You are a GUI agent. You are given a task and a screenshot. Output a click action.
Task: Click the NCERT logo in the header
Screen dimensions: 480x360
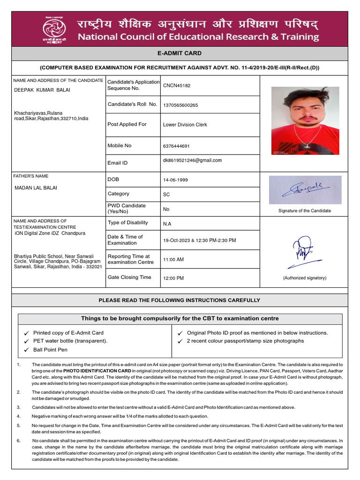click(x=54, y=28)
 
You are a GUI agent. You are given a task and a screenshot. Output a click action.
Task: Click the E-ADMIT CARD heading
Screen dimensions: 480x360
click(x=180, y=53)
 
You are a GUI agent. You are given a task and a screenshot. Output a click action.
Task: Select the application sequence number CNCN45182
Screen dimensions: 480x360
click(x=177, y=86)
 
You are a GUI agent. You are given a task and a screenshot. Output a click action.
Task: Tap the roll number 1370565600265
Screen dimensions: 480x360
click(x=180, y=105)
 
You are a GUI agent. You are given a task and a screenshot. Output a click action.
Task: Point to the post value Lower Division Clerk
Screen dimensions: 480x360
click(x=185, y=125)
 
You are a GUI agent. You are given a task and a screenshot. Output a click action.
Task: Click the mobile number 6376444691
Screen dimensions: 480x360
click(x=176, y=146)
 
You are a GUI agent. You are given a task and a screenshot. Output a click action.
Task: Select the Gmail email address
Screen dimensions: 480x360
click(x=192, y=160)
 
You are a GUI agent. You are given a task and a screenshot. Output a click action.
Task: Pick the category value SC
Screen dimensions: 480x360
click(x=166, y=194)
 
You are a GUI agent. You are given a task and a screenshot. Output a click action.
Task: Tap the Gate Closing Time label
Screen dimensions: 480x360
click(x=129, y=277)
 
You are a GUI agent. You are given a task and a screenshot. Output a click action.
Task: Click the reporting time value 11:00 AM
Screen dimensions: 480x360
click(x=173, y=259)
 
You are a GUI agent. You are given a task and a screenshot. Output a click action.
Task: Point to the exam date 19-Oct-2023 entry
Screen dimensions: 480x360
click(x=199, y=240)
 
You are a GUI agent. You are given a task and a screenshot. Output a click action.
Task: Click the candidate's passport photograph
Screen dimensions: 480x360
click(x=305, y=120)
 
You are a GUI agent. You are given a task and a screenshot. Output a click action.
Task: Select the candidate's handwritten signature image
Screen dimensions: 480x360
click(x=305, y=190)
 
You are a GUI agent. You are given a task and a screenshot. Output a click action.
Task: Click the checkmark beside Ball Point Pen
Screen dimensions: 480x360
click(x=27, y=350)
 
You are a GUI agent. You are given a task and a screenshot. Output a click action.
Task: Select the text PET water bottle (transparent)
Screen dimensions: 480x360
click(x=70, y=341)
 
